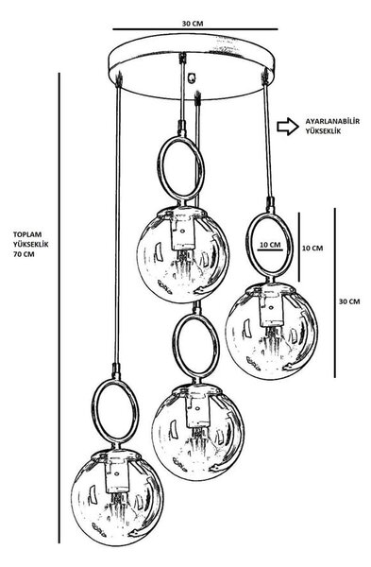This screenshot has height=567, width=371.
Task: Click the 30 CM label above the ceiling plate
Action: [193, 24]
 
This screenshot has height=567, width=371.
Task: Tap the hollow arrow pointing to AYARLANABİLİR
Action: [288, 127]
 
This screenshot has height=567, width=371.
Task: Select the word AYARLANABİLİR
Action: [332, 122]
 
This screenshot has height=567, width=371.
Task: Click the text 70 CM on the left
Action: [24, 254]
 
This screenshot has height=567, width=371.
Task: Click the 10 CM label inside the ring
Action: [270, 245]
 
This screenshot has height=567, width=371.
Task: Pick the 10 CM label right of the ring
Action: [312, 248]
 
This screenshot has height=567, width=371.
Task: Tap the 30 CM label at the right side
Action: [349, 301]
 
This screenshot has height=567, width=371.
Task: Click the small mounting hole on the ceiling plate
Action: [192, 77]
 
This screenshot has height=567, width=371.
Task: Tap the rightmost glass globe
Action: [272, 331]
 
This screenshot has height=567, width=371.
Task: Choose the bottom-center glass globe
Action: [197, 433]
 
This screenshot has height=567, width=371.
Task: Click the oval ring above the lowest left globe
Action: [93, 412]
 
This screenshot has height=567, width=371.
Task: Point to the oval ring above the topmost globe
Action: [159, 169]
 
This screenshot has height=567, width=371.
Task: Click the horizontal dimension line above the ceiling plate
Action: [195, 29]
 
